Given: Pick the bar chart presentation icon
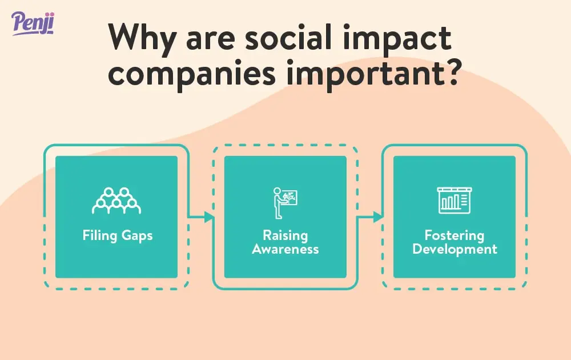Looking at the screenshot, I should (x=453, y=201).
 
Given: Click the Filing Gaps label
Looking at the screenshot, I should (x=117, y=235).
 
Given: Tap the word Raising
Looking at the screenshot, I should (x=285, y=235).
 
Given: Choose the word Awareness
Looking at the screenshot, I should (x=285, y=249).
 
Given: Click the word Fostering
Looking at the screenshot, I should (x=455, y=235).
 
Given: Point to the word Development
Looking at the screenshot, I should (x=455, y=249).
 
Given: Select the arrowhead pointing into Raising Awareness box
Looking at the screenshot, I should (x=209, y=217).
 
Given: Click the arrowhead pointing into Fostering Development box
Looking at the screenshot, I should (x=378, y=217).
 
